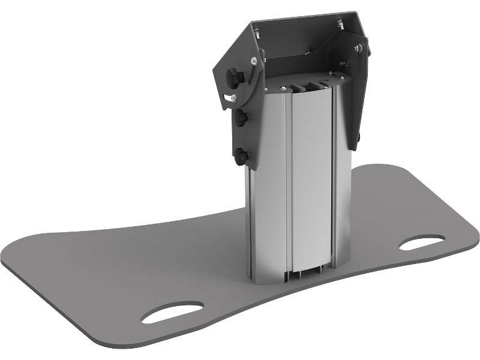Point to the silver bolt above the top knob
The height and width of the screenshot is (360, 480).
256,60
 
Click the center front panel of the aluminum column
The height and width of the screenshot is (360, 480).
309,180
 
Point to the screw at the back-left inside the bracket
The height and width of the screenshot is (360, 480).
254,27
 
